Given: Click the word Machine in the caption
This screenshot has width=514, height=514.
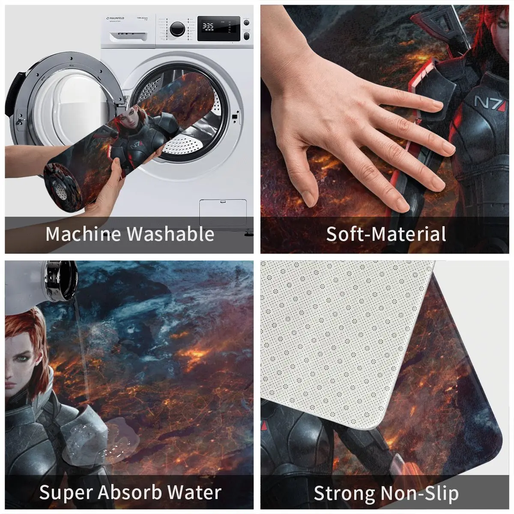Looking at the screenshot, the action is tap(83, 234).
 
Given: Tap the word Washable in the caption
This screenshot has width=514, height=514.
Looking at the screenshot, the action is tap(170, 234).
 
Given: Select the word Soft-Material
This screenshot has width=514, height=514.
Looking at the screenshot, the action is tap(385, 234).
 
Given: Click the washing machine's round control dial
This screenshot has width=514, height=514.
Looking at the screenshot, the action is tap(177, 29).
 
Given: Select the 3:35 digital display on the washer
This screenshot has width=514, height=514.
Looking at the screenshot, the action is tap(208, 26).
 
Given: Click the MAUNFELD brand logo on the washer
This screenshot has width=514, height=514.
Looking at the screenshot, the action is tap(115, 18).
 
